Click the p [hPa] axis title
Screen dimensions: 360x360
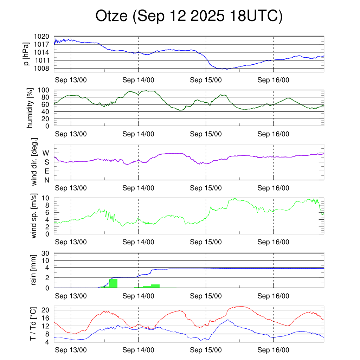click(x=26, y=54)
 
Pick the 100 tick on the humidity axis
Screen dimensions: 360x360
click(x=46, y=90)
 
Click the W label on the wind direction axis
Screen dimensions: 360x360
click(x=46, y=153)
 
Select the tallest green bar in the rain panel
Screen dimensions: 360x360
click(x=113, y=283)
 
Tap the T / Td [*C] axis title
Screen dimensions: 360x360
click(x=33, y=323)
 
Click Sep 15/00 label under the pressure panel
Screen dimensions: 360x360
click(x=206, y=80)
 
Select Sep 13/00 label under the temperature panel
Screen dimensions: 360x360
click(x=71, y=350)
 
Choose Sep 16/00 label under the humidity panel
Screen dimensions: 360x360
click(x=273, y=134)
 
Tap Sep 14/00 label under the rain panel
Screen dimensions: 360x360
click(x=138, y=296)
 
